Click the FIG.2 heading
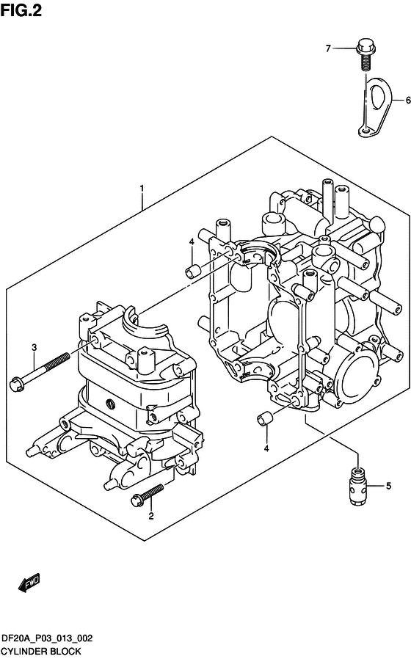click(x=21, y=10)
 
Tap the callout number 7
click(x=328, y=48)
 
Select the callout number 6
click(x=407, y=101)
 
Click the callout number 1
click(x=142, y=189)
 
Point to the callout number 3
click(x=34, y=348)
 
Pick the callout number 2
click(x=151, y=516)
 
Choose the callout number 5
click(x=388, y=486)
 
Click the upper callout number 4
click(x=192, y=242)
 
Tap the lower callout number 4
click(x=266, y=449)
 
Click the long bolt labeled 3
click(x=40, y=370)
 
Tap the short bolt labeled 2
click(x=147, y=493)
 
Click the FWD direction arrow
click(x=29, y=583)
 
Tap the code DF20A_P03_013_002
click(x=47, y=638)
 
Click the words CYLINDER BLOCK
click(x=41, y=651)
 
